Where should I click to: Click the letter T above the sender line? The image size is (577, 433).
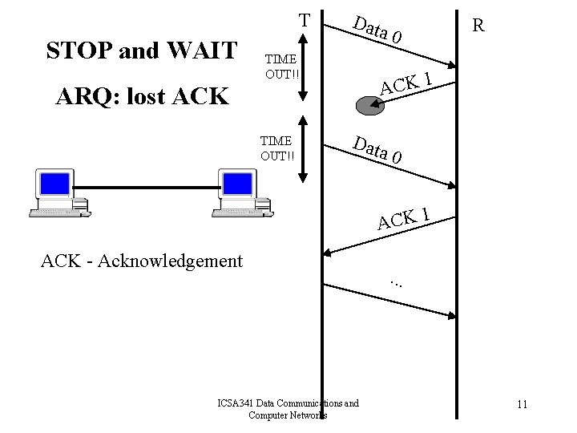[x=304, y=18]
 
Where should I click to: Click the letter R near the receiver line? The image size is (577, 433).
[x=478, y=26]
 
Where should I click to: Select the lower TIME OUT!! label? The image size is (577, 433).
[x=276, y=147]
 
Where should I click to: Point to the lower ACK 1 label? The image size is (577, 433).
[x=406, y=216]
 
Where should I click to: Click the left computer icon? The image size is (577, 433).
[x=59, y=192]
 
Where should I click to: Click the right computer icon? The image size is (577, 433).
[x=240, y=192]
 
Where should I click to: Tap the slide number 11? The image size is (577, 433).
[x=522, y=404]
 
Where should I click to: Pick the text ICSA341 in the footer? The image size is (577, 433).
[x=238, y=403]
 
